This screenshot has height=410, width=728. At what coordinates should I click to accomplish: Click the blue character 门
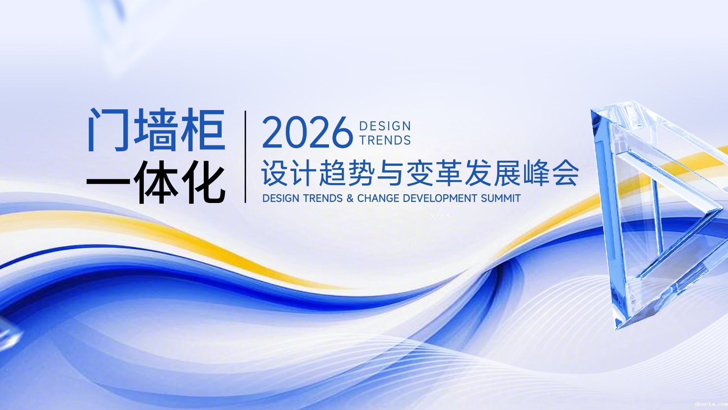click(107, 130)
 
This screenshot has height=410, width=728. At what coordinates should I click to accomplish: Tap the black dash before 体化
click(109, 182)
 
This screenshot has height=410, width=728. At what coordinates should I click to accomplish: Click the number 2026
click(307, 132)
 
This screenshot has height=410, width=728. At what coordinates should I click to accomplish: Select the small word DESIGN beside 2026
click(385, 126)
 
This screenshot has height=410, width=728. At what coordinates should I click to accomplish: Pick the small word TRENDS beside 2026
click(385, 140)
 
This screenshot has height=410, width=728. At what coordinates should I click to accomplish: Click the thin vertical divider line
click(245, 157)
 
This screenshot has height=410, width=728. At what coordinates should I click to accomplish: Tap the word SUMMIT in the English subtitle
click(501, 199)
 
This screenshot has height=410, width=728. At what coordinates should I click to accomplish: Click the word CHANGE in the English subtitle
click(378, 199)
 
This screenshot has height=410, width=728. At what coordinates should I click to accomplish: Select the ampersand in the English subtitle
click(350, 199)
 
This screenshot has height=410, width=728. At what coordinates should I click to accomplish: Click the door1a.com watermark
click(711, 404)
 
